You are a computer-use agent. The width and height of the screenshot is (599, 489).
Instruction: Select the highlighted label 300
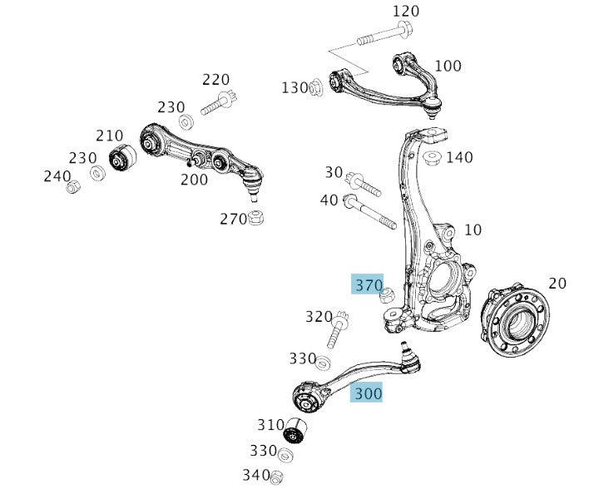pyautogui.click(x=367, y=393)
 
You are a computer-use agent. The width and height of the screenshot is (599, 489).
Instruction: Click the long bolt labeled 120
pyautogui.click(x=382, y=37)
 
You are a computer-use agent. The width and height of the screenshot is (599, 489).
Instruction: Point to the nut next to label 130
pyautogui.click(x=317, y=86)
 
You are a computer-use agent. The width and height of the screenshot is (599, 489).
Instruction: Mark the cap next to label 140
pyautogui.click(x=433, y=157)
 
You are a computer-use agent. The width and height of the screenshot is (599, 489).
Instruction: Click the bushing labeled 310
pyautogui.click(x=295, y=431)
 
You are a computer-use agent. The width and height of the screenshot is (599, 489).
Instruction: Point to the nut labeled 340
pyautogui.click(x=279, y=476)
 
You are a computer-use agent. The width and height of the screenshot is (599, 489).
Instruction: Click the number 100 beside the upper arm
pyautogui.click(x=448, y=66)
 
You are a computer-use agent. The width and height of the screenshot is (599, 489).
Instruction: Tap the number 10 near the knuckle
pyautogui.click(x=472, y=230)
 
